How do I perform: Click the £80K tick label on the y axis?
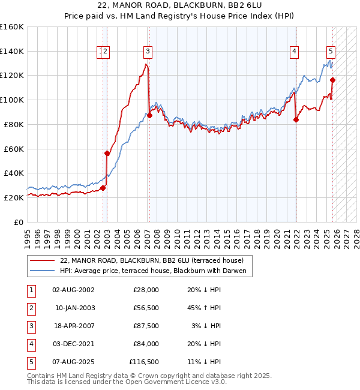pos(12,124)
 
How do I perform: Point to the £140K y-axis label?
pos(12,51)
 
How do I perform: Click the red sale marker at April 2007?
pos(149,115)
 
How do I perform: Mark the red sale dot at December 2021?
pos(296,119)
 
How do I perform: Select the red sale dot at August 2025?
pos(332,80)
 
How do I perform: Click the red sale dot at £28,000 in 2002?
pos(103,188)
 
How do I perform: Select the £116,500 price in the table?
pos(144,361)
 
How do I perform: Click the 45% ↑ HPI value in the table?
pos(203,307)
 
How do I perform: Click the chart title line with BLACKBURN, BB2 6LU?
pos(179,5)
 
